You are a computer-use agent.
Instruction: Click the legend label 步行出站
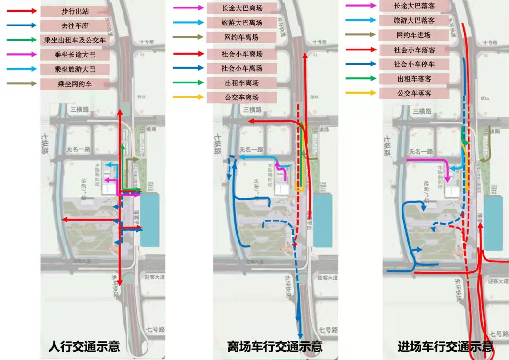[75, 10]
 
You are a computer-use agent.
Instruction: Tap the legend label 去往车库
[75, 25]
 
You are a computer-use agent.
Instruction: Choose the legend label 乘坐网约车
[75, 84]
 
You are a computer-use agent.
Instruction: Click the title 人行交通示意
[84, 347]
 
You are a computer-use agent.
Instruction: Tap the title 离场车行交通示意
[275, 347]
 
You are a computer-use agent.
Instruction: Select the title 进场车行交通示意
[445, 347]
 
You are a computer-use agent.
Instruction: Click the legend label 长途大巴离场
[242, 8]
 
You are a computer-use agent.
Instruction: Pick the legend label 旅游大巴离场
[242, 22]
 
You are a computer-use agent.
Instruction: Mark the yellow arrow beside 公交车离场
[189, 98]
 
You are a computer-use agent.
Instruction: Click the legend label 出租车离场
[242, 83]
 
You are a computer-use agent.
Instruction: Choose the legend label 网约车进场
[413, 35]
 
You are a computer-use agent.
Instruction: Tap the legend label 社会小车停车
[413, 64]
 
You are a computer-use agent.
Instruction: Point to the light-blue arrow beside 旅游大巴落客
[361, 20]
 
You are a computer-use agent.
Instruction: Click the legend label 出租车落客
[413, 79]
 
